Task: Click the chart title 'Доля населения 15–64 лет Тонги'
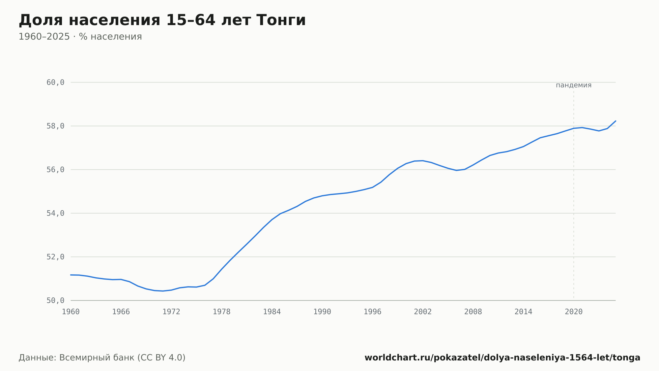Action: (162, 20)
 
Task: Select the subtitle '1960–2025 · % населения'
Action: (80, 37)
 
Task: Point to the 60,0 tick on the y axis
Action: (55, 83)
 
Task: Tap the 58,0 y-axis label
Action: (55, 126)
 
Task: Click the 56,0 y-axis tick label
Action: (55, 170)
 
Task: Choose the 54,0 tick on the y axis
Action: (55, 213)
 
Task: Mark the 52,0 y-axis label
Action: (55, 257)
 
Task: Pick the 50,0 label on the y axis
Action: (55, 300)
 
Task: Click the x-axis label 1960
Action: (71, 312)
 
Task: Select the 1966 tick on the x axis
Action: (121, 312)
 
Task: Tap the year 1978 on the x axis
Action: (221, 312)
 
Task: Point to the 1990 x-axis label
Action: (322, 312)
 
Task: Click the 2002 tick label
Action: (423, 312)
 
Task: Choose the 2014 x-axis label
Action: (523, 312)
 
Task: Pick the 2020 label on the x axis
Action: (574, 312)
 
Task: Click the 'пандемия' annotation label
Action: (574, 85)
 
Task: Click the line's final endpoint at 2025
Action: (616, 121)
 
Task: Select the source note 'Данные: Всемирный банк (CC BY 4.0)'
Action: (102, 358)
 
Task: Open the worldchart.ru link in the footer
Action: (502, 358)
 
